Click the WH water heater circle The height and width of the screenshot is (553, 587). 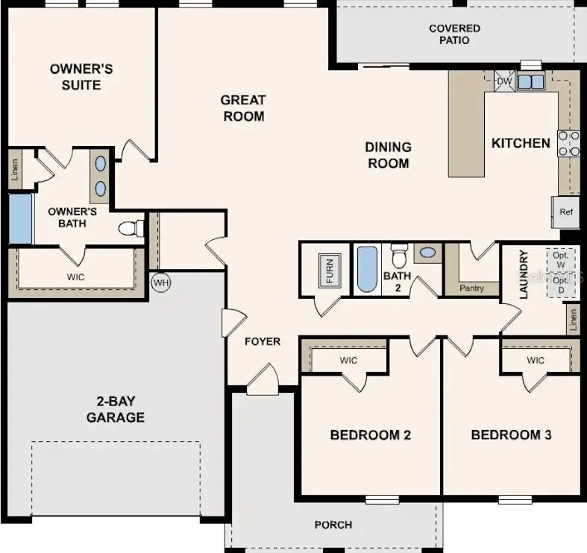coord(160,283)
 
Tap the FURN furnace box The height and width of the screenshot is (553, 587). coord(329,271)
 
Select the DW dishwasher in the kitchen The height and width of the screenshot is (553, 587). coord(504,80)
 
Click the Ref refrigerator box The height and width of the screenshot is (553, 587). coord(566,212)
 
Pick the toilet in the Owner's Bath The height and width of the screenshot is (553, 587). coord(132,227)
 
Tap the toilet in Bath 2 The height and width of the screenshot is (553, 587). coord(399,256)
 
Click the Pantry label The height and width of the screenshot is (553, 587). coord(471,288)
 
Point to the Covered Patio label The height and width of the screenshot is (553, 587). coord(454,34)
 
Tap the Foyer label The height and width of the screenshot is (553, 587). coord(263,341)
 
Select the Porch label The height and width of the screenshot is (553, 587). coord(333,525)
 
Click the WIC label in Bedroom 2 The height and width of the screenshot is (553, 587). coord(348,361)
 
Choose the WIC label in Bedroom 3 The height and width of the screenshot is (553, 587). coord(535,361)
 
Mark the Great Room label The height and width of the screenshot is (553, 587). coord(243,108)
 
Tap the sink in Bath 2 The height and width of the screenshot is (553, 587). coord(427,253)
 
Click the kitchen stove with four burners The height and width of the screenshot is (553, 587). coord(568,143)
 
